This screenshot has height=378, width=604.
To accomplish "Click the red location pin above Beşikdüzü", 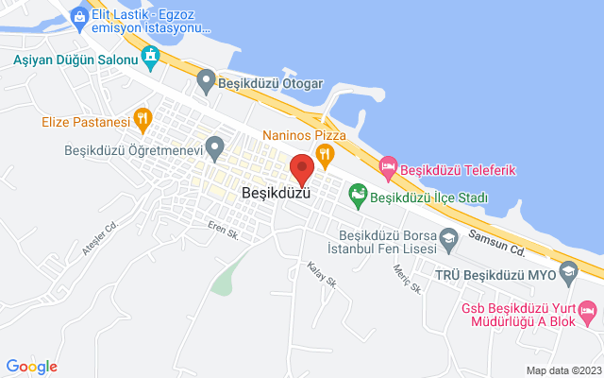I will [302, 168].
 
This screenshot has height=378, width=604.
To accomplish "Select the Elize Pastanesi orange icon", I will [143, 119].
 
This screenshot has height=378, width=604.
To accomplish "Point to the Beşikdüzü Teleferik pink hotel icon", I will [388, 168].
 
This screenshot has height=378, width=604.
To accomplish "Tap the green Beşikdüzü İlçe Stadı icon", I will [358, 196].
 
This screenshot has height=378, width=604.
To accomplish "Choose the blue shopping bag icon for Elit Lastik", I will [80, 15].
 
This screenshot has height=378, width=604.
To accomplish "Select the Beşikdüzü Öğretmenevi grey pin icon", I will [215, 147].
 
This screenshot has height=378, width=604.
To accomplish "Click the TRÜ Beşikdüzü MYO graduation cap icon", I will [568, 274].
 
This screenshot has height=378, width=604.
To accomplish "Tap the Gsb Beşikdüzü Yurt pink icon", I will [587, 310].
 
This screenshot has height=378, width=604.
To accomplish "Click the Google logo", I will [31, 366].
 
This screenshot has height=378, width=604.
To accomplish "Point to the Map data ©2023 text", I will [562, 370].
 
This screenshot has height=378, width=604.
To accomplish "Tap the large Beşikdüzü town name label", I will [276, 192].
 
